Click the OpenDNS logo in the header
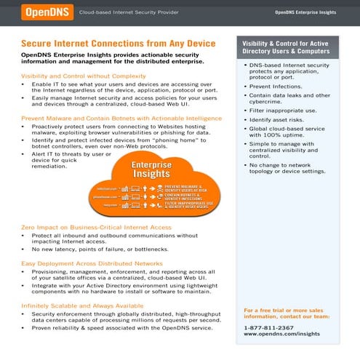point(46,12)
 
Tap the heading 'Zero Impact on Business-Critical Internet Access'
point(97,227)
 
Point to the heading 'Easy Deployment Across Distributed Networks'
point(92,263)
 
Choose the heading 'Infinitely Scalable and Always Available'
point(82,305)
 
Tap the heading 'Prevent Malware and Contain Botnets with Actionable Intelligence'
point(121,117)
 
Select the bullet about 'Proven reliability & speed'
point(121,328)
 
